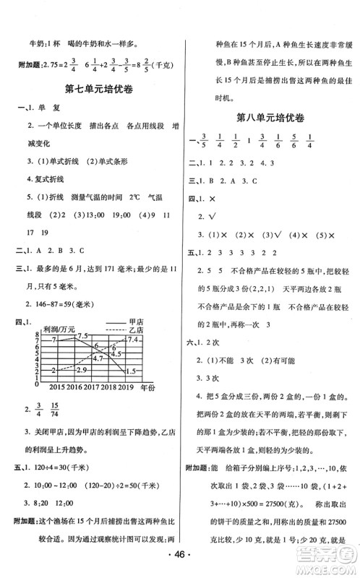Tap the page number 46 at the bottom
[180, 561]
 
